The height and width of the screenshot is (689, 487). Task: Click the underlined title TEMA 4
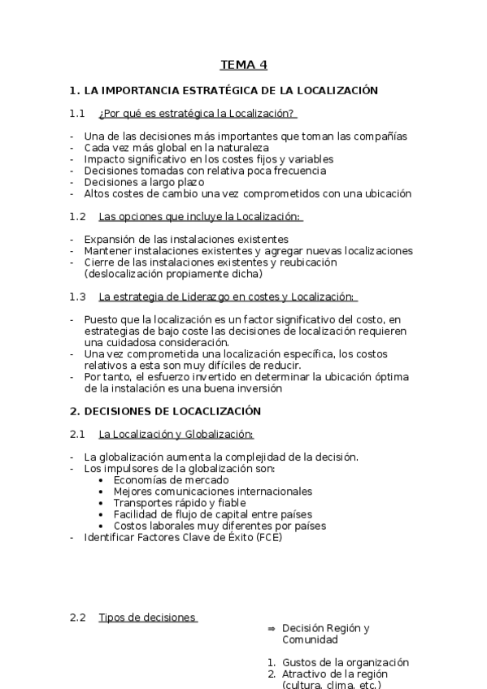243,65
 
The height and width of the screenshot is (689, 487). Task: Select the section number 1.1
78,113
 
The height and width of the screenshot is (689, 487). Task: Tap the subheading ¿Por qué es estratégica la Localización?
196,113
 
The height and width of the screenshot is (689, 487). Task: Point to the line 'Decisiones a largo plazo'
144,182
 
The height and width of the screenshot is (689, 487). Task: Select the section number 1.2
78,216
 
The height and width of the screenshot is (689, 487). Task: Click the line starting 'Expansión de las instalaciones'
186,239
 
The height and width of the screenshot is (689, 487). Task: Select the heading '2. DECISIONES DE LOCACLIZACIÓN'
165,411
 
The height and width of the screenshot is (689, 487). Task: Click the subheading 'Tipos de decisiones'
147,617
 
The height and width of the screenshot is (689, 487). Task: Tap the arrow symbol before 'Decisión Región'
271,629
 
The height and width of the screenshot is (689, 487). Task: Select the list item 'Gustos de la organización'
345,663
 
